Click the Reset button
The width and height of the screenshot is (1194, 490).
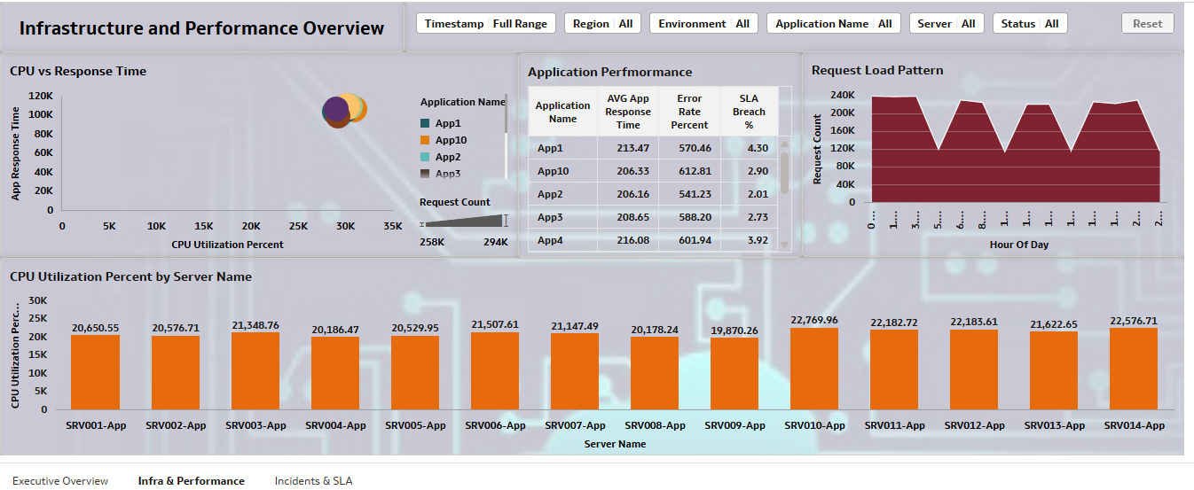pyautogui.click(x=1147, y=24)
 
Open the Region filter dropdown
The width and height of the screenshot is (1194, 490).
pyautogui.click(x=602, y=24)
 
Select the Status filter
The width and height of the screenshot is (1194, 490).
pyautogui.click(x=1029, y=24)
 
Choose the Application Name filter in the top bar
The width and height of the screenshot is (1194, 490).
pyautogui.click(x=833, y=24)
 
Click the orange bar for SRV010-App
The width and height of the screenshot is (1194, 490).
pyautogui.click(x=814, y=369)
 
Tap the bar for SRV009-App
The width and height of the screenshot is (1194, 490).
pyautogui.click(x=734, y=373)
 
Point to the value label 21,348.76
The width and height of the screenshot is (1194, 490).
pyautogui.click(x=255, y=325)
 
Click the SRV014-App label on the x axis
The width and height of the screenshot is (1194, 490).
pyautogui.click(x=1134, y=425)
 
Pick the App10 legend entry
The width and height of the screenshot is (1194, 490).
pyautogui.click(x=450, y=140)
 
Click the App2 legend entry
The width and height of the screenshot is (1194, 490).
pyautogui.click(x=447, y=157)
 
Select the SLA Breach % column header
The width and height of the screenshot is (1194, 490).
pyautogui.click(x=749, y=112)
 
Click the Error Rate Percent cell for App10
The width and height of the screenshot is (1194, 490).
pyautogui.click(x=689, y=171)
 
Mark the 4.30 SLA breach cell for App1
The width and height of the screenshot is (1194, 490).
pyautogui.click(x=757, y=148)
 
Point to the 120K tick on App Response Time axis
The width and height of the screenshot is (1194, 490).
pyautogui.click(x=41, y=96)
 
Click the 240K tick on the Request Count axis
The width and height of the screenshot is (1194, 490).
pyautogui.click(x=842, y=95)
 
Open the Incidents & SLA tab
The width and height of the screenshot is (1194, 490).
pyautogui.click(x=313, y=481)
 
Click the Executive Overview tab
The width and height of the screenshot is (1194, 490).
pyautogui.click(x=60, y=481)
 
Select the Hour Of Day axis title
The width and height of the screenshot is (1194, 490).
pyautogui.click(x=1018, y=245)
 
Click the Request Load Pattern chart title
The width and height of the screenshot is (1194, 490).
pyautogui.click(x=876, y=70)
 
